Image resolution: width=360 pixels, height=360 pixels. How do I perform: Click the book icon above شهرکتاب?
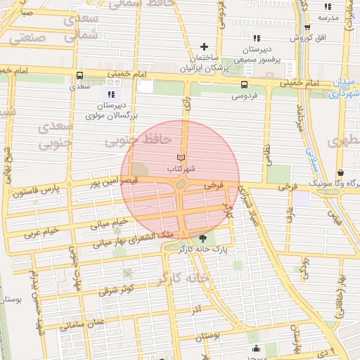tap(182, 157)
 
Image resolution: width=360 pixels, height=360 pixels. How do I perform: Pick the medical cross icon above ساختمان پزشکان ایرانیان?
tap(205, 46)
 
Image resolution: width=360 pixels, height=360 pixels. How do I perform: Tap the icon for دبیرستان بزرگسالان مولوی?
tap(110, 94)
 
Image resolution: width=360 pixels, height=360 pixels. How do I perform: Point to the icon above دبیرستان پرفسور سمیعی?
tap(257, 38)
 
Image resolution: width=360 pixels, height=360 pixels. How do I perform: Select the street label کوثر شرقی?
tap(116, 289)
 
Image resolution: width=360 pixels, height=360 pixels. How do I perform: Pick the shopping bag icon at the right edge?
tap(341, 172)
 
